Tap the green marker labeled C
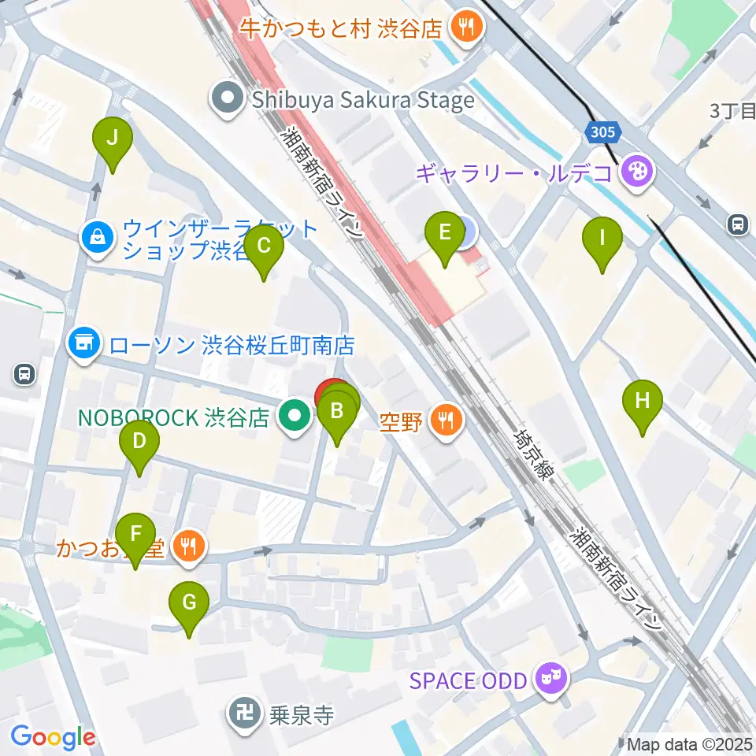[263, 246]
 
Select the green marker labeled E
[444, 232]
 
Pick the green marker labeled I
[602, 238]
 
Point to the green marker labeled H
[643, 401]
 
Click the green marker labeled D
[139, 441]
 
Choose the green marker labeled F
[135, 534]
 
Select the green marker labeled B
[337, 411]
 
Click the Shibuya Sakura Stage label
[362, 100]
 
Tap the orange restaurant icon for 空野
[447, 420]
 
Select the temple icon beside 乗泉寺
[240, 714]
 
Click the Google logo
[53, 737]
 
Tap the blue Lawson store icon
[84, 344]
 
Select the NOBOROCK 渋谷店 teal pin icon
[295, 416]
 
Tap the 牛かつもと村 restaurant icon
[468, 29]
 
